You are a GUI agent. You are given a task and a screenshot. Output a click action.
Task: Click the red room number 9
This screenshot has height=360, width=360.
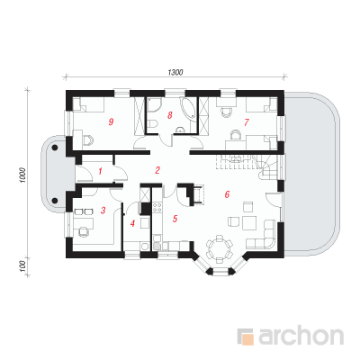coord(111,122)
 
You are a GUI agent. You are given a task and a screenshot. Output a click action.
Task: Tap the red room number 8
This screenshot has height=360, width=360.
coord(170,115)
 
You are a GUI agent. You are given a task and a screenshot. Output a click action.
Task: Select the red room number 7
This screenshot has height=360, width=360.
coord(247,122)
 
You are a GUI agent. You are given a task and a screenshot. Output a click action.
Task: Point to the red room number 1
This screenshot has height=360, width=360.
coord(101,171)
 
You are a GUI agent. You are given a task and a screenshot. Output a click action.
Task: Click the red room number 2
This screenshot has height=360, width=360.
coord(157,170)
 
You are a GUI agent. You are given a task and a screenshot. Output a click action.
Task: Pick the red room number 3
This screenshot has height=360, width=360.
coord(103,211)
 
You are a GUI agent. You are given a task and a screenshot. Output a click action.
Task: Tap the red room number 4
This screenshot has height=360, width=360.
coord(133,223)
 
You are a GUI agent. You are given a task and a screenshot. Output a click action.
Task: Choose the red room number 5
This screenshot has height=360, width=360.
coord(175,219)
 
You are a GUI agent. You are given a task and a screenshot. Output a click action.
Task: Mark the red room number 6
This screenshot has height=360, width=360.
coord(227,194)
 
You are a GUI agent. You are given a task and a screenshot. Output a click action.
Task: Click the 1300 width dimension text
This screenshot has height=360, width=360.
coord(175,72)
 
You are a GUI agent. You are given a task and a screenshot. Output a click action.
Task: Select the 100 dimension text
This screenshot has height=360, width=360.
coord(23,266)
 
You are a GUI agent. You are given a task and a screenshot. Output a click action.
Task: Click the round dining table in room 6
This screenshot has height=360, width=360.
coord(220,248)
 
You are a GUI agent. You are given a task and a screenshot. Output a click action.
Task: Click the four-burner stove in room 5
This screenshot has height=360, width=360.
coord(157,208)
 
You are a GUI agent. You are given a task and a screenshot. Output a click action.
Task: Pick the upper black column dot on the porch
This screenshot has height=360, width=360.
coord(55,148)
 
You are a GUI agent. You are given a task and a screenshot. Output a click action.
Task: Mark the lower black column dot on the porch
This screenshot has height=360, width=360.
coord(55,200)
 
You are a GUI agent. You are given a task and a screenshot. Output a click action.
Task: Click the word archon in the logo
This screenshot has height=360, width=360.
coord(301,337)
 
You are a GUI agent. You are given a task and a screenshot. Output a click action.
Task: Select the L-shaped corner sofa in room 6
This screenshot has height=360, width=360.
coord(264,237)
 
